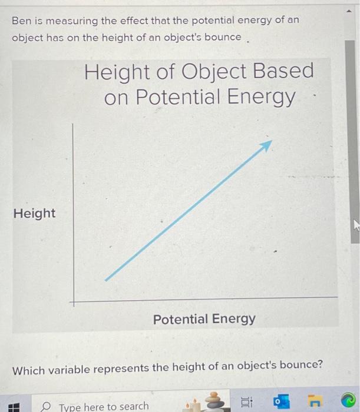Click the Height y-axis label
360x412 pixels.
click(34, 213)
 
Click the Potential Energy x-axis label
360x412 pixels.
click(204, 319)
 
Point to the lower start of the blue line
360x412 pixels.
click(107, 280)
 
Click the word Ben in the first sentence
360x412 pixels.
click(21, 20)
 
